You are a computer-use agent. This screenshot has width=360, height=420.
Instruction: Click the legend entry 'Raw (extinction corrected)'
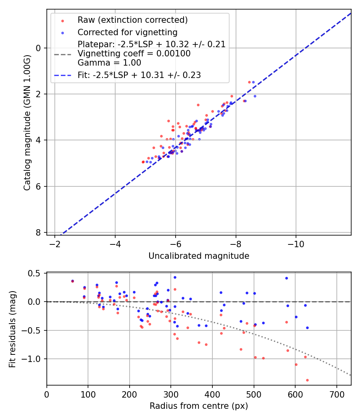pos(132,20)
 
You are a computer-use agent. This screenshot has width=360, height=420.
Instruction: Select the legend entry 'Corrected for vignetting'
pos(127,32)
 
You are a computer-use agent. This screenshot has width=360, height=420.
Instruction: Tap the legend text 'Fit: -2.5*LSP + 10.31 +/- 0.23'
pos(139,75)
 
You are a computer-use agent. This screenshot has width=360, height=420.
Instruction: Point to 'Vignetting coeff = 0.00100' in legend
pos(134,53)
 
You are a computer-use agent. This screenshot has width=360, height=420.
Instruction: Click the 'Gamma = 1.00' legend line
pos(109,62)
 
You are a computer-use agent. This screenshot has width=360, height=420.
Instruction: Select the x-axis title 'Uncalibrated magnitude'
pos(199,256)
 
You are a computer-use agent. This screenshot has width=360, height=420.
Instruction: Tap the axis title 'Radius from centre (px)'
pos(199,406)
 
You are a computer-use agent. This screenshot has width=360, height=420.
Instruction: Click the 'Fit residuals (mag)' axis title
pos(12,328)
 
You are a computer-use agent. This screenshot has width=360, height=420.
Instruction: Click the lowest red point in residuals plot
pos(307,380)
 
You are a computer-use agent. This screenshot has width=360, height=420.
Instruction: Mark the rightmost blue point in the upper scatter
pos(255,96)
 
